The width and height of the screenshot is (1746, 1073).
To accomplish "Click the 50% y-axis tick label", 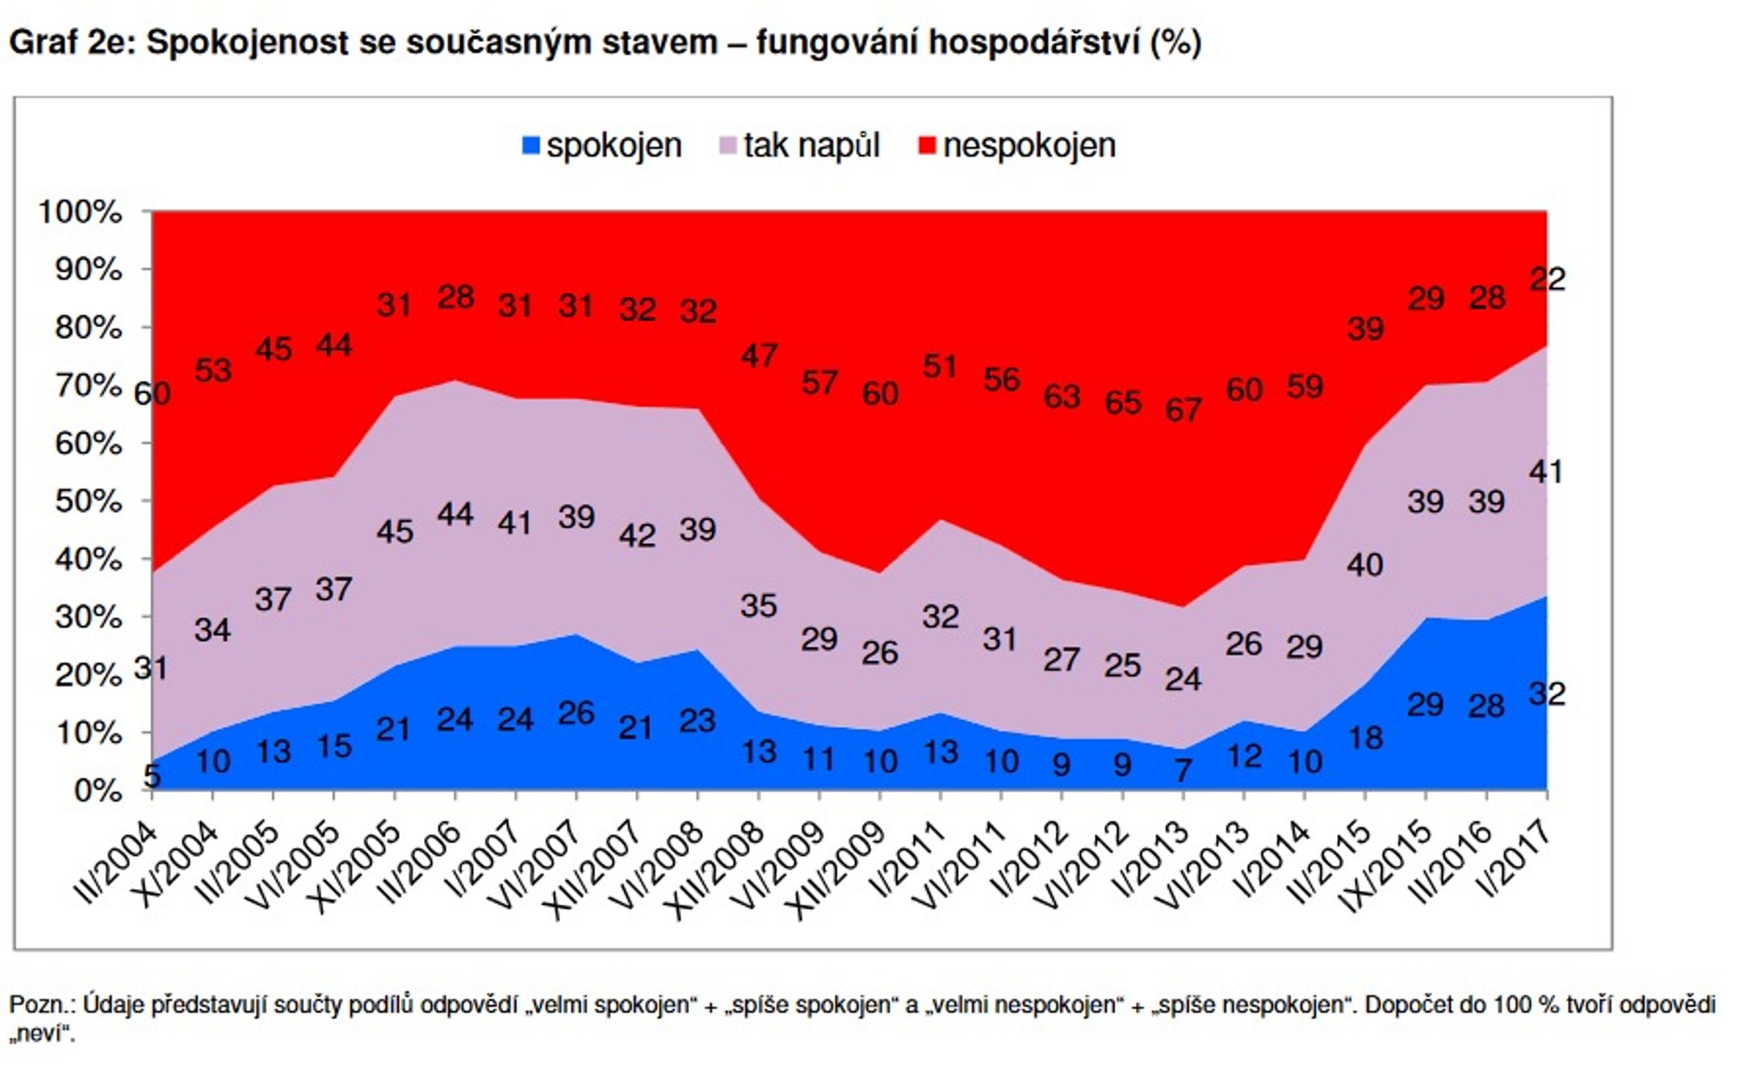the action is (x=88, y=501).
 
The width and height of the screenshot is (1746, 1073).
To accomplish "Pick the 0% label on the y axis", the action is (x=98, y=791).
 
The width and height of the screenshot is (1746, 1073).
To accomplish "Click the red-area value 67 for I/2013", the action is (x=1183, y=410).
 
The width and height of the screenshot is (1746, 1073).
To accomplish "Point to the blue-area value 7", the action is (x=1183, y=770).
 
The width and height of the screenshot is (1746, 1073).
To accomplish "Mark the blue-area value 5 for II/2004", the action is (x=152, y=776).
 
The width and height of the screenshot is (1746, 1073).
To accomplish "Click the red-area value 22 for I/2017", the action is (x=1548, y=279).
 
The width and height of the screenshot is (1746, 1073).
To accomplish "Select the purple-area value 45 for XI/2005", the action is (x=395, y=531).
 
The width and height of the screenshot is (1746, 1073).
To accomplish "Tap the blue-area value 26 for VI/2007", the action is (x=576, y=713).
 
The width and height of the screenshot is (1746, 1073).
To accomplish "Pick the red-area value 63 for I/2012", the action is (x=1062, y=396).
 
